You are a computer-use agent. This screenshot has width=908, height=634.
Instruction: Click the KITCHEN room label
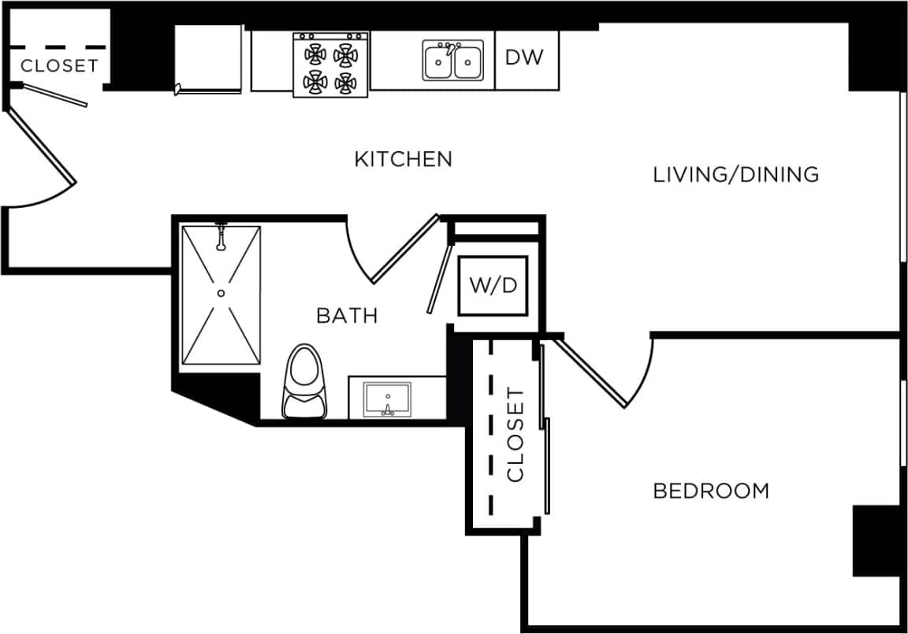403,159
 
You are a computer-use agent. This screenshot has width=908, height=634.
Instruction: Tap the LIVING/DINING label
735,174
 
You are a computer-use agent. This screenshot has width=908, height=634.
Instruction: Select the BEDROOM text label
711,491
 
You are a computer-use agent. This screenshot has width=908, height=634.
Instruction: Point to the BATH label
347,316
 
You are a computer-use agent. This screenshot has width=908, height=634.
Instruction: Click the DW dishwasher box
525,57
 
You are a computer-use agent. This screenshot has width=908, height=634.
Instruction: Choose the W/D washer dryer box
493,285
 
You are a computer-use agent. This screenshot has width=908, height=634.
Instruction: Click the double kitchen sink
453,61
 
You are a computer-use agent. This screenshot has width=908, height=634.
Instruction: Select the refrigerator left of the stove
208,59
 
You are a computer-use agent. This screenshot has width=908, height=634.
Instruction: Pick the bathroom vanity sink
386,399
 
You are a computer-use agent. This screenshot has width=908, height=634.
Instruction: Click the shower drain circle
221,293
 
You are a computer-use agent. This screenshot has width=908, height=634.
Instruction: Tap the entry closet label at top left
59,66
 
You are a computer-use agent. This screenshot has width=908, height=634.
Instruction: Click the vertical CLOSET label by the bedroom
515,434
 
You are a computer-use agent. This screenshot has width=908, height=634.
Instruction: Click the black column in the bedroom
876,540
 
